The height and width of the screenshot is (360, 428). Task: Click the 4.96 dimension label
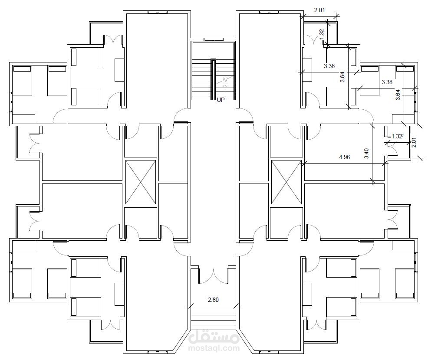coord(344,157)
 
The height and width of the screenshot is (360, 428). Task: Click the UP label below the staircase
coord(221,99)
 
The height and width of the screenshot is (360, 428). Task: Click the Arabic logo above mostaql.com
coord(214,335)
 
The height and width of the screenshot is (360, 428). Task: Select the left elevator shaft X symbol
coord(140,182)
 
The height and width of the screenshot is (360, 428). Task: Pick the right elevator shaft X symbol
coord(286,182)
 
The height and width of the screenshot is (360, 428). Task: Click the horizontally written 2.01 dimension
coord(319,10)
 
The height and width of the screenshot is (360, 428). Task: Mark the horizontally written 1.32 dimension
coord(397,136)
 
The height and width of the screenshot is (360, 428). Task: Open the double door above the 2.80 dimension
coord(213,276)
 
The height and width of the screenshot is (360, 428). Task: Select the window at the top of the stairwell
coord(213,40)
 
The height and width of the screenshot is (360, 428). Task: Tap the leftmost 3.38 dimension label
coord(329,66)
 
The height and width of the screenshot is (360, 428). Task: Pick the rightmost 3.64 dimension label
coord(398,95)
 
